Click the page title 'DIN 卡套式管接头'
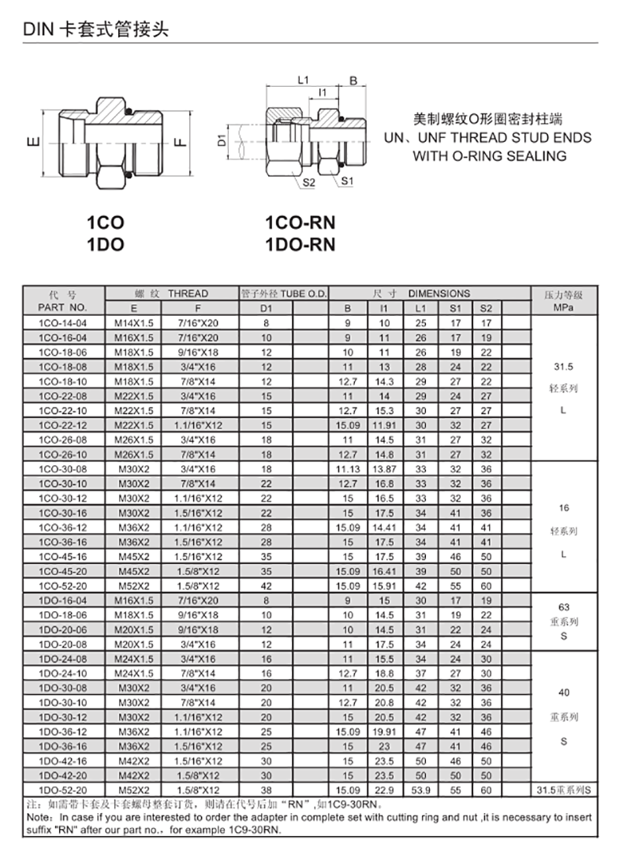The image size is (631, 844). click(95, 31)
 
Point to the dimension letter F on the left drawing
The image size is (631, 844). click(180, 143)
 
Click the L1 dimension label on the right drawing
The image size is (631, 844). click(303, 80)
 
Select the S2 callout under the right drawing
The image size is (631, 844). click(308, 183)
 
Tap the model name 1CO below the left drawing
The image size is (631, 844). click(105, 223)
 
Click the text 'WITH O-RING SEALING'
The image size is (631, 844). click(490, 155)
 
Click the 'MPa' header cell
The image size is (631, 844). click(563, 307)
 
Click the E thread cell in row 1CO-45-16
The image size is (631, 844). click(133, 556)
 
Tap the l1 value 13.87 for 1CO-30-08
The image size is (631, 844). click(385, 469)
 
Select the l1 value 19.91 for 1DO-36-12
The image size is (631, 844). click(385, 731)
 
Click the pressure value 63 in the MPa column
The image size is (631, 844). click(563, 607)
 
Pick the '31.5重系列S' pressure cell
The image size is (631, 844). click(563, 790)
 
